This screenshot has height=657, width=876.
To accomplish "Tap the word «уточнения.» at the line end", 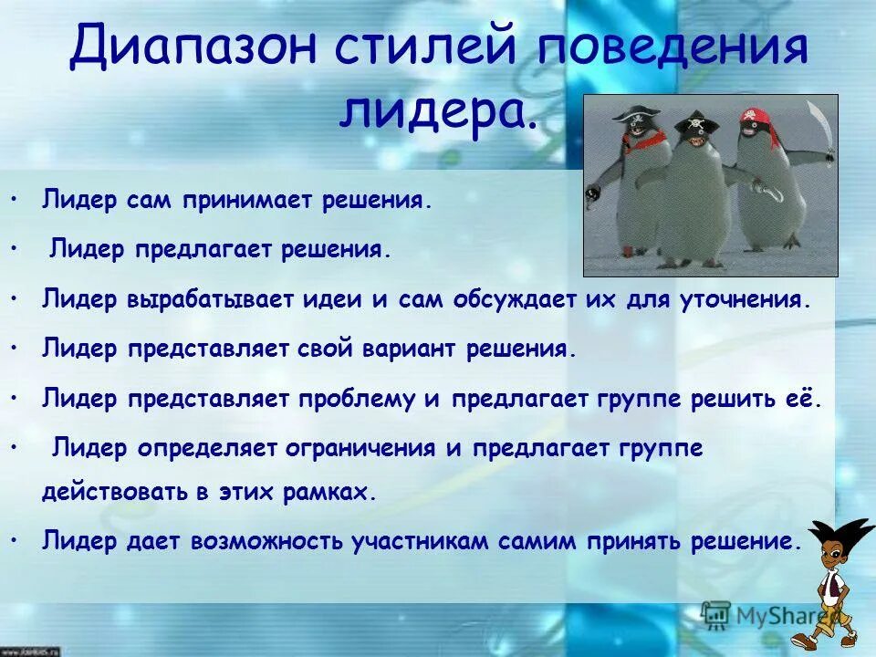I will click(756, 300).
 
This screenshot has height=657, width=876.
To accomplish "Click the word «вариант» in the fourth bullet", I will click(417, 350).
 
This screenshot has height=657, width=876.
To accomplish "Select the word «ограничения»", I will click(351, 449).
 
